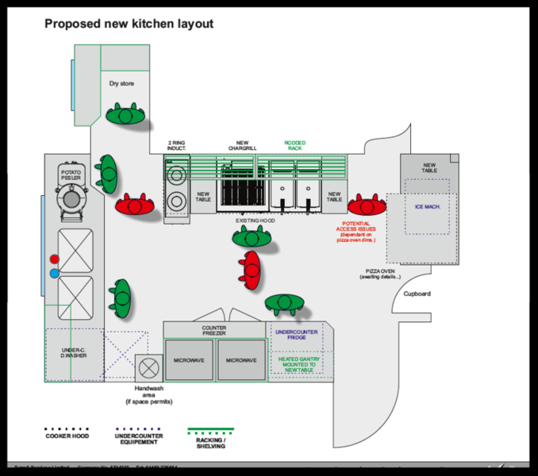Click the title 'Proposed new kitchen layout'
pos(129,24)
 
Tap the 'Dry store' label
pos(121,83)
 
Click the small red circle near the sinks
pos(55,259)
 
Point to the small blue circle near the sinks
pos(55,274)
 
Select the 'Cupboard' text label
pos(417,294)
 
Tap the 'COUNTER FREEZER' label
pos(214,331)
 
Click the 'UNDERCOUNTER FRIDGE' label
pos(297,335)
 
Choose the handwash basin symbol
pos(148,367)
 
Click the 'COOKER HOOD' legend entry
pos(67,436)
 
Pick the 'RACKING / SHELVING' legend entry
pos(211,443)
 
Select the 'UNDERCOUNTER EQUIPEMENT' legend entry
pos(139,439)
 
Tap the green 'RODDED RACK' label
pos(295,145)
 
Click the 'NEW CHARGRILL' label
pos(243,145)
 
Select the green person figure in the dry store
pos(125,115)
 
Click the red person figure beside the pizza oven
pos(367,205)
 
